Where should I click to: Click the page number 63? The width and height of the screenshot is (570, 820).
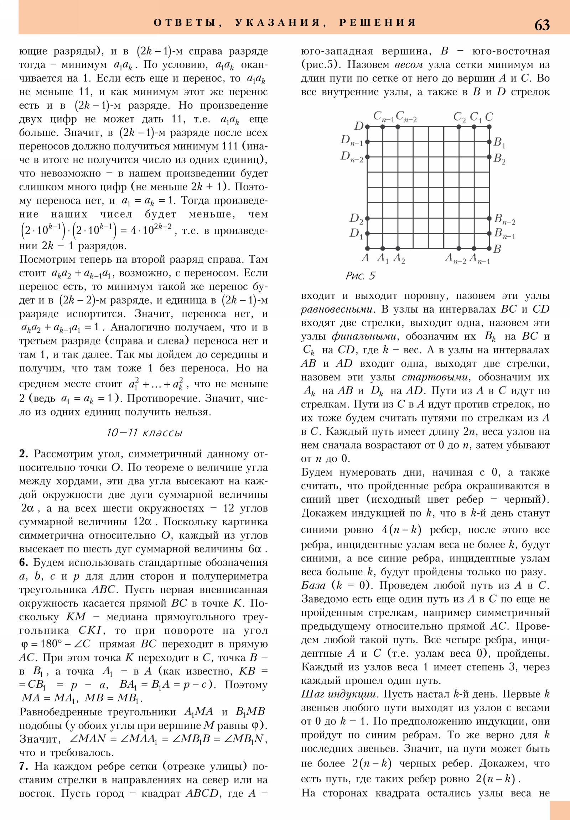pos(542,25)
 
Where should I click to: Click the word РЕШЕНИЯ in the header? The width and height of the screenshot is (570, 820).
pos(377,22)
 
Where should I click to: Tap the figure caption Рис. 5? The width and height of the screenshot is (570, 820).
pos(361,276)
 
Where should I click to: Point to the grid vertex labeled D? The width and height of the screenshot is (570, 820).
pos(367,127)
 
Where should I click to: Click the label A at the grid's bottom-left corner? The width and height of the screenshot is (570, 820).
pos(365,257)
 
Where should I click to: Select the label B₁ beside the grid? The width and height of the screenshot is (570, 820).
pos(499,143)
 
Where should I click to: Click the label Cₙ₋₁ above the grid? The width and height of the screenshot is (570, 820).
pos(384,117)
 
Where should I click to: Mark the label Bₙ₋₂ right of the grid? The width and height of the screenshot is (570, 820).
pos(504,220)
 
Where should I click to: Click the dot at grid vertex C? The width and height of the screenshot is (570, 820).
pos(489,127)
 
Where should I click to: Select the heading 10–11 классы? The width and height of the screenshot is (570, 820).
pos(145,433)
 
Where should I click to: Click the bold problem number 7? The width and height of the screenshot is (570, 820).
pos(23,766)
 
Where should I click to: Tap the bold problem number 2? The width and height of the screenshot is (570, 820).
pos(23,454)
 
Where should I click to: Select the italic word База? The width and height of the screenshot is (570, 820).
pos(313,585)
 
